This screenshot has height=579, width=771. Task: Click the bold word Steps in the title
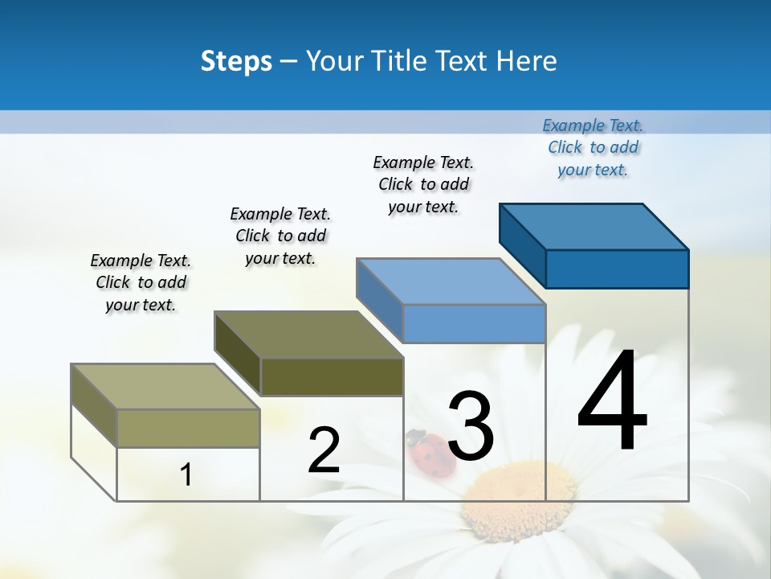pos(236,61)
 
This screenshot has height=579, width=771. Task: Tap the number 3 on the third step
pos(471,426)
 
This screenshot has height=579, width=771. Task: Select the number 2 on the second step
pos(324,450)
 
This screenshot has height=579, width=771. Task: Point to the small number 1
pos(186,474)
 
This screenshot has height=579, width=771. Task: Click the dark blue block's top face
pos(594,226)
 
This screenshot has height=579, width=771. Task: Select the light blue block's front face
pos(474,324)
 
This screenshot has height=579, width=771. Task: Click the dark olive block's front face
pos(332,377)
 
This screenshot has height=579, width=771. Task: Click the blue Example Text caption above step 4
pos(593,147)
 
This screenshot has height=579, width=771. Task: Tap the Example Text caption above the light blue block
pos(423,184)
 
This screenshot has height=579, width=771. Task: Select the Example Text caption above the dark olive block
pos(280,236)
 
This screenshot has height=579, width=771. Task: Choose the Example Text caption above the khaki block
pos(141,282)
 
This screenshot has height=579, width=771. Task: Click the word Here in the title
pos(527,61)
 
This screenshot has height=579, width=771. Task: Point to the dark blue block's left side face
pos(522,245)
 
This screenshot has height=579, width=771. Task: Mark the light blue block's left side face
pos(379,299)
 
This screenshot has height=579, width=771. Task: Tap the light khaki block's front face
pos(188,428)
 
